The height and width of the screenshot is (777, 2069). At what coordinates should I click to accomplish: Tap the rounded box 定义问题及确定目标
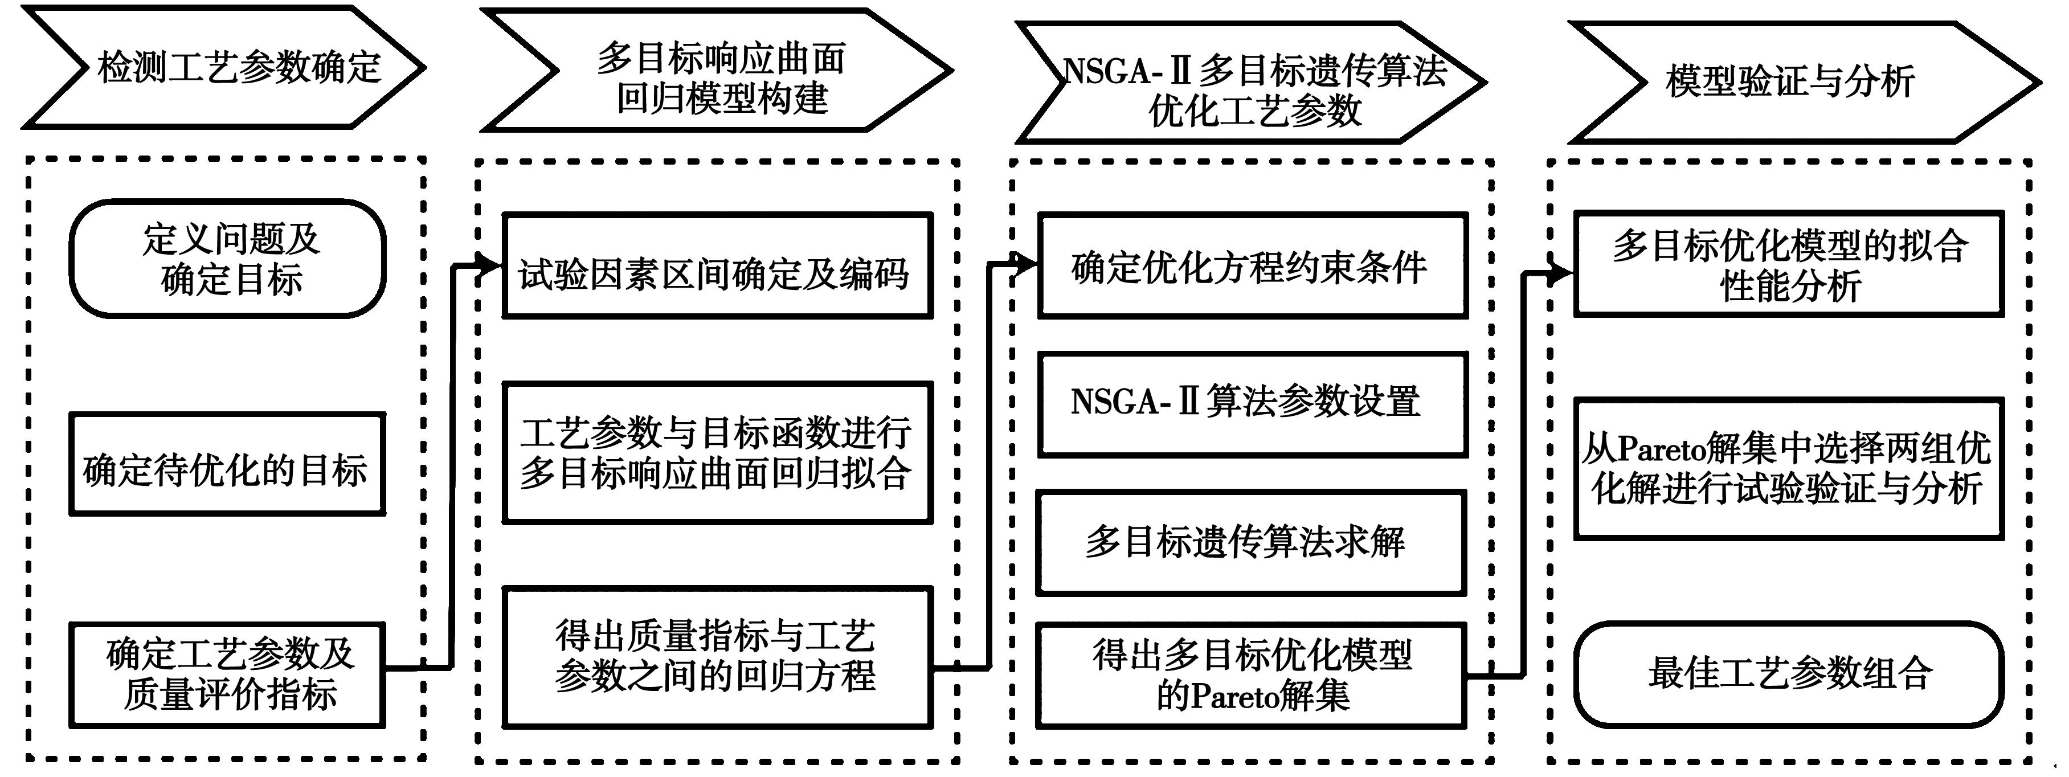pos(228,259)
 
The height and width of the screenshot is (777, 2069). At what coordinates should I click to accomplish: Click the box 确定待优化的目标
pos(227,464)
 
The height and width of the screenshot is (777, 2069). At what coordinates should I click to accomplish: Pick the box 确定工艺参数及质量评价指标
pos(227,675)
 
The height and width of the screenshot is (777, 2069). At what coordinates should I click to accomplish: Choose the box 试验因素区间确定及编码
pos(717,266)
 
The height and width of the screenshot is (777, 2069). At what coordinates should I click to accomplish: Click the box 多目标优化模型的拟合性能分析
pos(1789,264)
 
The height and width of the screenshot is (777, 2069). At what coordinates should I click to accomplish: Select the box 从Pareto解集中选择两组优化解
pos(1789,468)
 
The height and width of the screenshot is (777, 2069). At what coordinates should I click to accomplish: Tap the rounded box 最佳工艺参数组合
pos(1789,674)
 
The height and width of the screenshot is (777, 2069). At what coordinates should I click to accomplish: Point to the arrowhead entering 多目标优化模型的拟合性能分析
pos(1561,274)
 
